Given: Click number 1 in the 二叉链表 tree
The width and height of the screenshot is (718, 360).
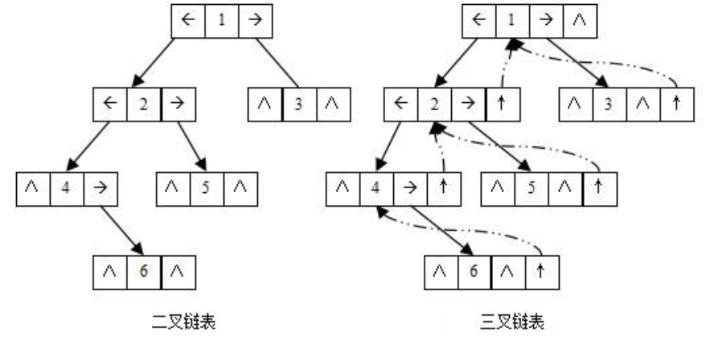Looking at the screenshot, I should (x=221, y=19).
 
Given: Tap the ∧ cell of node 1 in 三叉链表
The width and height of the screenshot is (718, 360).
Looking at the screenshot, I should (x=576, y=18).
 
